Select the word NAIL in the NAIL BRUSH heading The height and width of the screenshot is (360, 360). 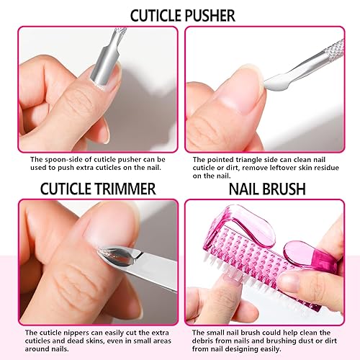pos(246,189)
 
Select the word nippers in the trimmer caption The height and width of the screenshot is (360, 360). pos(77,332)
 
